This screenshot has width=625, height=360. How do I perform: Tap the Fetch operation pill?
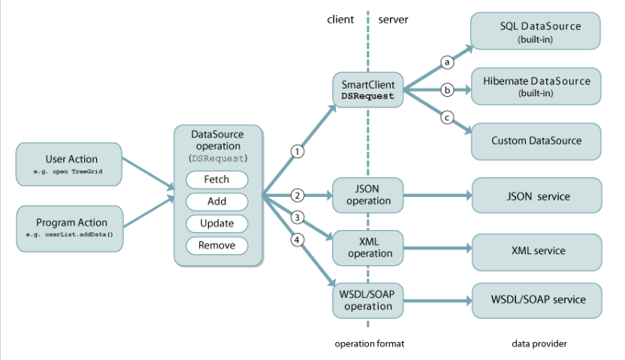(217, 180)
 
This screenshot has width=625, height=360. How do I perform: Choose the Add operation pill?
(217, 201)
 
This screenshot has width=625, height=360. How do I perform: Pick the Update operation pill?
(217, 223)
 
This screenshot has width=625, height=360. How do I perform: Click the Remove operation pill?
(217, 245)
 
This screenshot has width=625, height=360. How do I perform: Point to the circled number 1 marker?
(297, 152)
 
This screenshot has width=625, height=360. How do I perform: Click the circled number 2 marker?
(297, 196)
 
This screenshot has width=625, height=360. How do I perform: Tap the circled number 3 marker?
(297, 218)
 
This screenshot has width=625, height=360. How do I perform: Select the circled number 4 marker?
(297, 241)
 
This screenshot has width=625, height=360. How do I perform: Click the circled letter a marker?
(447, 63)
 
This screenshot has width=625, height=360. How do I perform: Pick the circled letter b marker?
(447, 90)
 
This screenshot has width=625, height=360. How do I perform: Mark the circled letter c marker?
(447, 118)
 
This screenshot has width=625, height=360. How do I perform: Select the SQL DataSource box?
(536, 32)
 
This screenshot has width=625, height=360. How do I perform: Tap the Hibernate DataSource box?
(536, 86)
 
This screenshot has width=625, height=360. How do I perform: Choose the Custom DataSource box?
(536, 141)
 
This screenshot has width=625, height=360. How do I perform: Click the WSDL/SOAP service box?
(536, 300)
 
